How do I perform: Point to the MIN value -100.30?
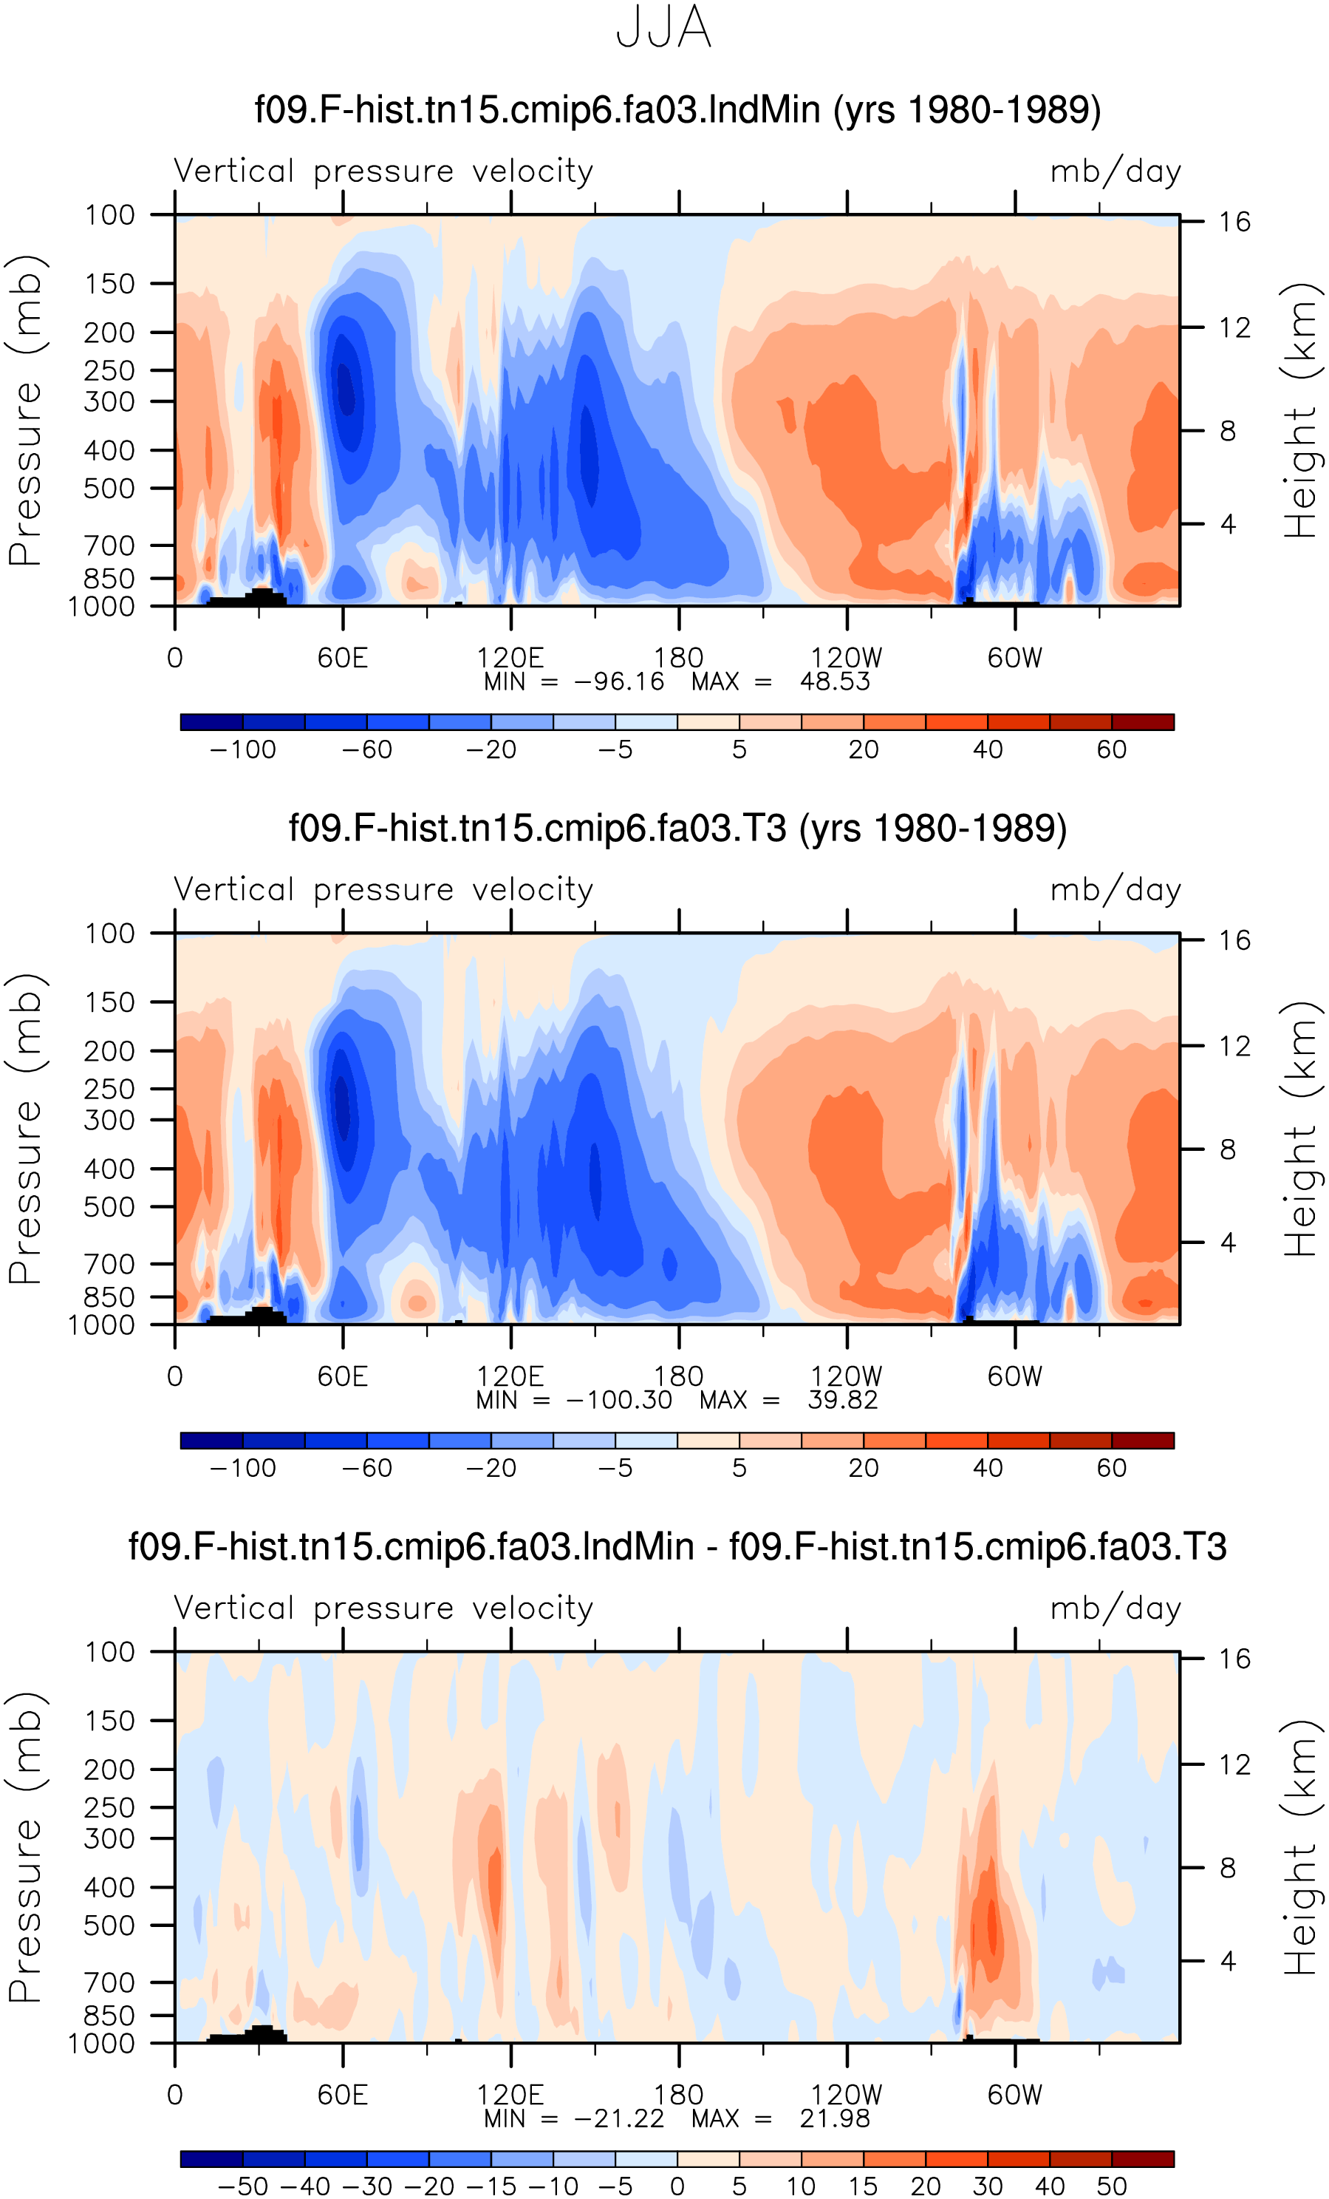(619, 1400)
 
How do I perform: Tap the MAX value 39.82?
(843, 1400)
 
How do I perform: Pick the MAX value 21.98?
(835, 2118)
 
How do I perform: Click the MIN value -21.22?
(619, 2118)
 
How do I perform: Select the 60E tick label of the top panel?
(343, 658)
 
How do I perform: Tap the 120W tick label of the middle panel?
(846, 1376)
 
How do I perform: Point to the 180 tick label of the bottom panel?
(679, 2095)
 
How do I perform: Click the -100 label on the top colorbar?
(242, 750)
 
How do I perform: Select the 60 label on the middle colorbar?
(1111, 1468)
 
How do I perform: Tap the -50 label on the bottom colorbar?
(242, 2186)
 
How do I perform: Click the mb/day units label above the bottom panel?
(1116, 1608)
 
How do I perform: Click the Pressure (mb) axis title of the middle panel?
(26, 1129)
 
